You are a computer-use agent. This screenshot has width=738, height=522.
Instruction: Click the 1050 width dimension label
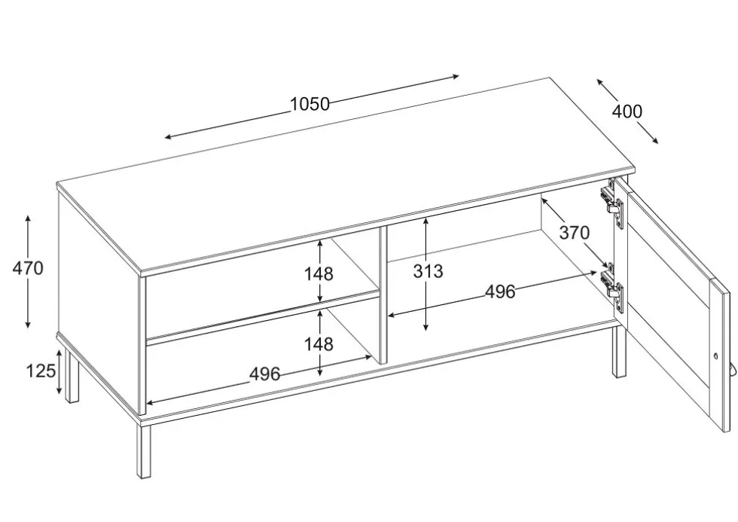coord(310,104)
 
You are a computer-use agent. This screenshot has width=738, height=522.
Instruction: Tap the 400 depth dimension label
coord(627,111)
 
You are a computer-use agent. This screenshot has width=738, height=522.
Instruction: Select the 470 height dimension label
coord(28,268)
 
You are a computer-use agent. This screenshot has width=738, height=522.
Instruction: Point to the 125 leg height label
coord(41,371)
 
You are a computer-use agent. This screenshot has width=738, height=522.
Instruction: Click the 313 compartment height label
coord(428,271)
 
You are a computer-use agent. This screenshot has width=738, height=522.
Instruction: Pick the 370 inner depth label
coord(574,232)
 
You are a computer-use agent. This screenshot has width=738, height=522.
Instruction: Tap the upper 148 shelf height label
coord(319,273)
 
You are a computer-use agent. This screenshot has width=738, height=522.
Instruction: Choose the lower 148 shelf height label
coord(319,344)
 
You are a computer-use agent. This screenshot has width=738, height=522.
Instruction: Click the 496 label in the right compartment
coord(500,292)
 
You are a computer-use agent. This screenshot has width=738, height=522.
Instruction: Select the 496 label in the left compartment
coord(264,374)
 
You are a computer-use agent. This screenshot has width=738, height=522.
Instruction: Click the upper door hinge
coord(611,203)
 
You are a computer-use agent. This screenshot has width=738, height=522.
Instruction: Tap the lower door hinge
coord(611,288)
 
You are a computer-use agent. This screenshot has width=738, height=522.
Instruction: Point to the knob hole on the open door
coord(716,357)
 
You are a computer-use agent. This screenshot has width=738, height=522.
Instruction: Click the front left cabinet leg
coord(144,450)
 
